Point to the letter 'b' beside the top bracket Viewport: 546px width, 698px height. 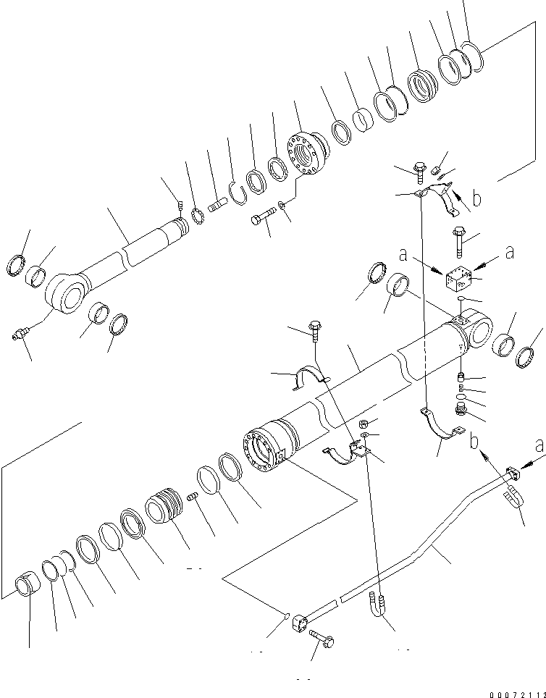pyautogui.click(x=476, y=197)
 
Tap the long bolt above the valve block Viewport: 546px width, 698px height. pyautogui.click(x=459, y=240)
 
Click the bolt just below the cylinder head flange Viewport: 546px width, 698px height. pyautogui.click(x=263, y=217)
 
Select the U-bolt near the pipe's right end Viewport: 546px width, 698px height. pyautogui.click(x=512, y=500)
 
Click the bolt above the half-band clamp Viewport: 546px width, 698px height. pyautogui.click(x=315, y=332)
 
